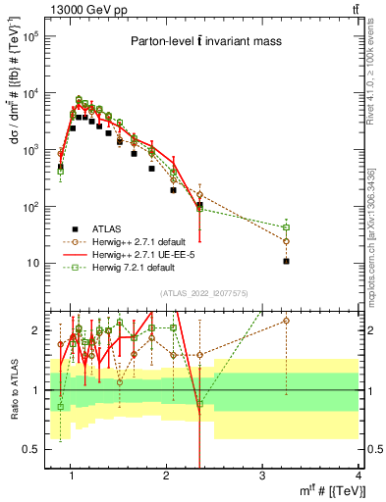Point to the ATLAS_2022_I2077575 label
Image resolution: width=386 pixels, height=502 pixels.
(x=204, y=292)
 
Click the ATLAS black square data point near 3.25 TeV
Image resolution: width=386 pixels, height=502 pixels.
(x=286, y=261)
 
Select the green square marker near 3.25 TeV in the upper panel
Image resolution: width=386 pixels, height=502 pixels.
(x=286, y=227)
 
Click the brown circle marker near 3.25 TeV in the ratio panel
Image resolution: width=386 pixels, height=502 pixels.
(x=286, y=320)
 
